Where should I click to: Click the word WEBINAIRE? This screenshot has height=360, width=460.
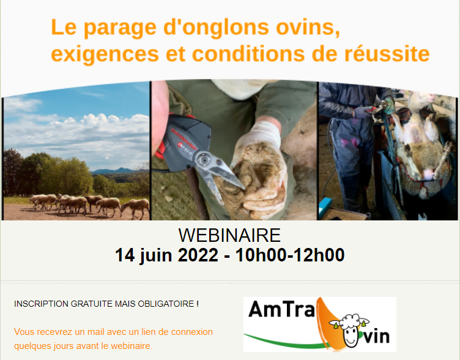[x=229, y=235]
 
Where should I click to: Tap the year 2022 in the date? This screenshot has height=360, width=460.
[x=198, y=255]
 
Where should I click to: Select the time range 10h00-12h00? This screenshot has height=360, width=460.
[x=290, y=255]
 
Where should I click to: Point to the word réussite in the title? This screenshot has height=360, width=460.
[x=387, y=54]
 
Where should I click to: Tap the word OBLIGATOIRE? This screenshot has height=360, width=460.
[x=166, y=304]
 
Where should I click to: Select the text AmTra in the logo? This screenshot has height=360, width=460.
[x=281, y=309]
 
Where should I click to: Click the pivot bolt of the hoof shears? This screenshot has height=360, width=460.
[x=202, y=160]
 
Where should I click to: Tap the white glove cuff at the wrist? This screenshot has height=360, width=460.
[x=265, y=130]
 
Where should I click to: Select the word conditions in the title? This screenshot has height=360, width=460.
[x=248, y=54]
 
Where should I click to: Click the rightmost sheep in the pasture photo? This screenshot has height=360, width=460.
[x=136, y=208]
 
